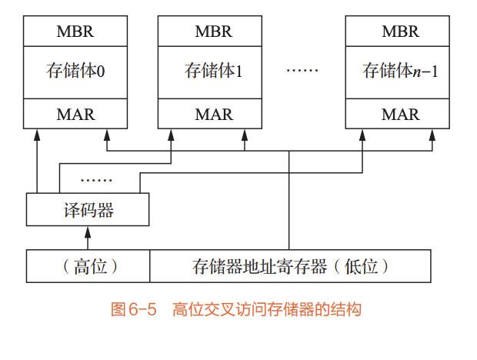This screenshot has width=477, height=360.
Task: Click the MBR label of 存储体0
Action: (x=75, y=32)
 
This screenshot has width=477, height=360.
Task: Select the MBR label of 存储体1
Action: (x=213, y=32)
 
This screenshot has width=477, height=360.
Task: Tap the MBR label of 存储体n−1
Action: (x=400, y=32)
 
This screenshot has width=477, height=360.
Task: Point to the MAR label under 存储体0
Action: (x=75, y=115)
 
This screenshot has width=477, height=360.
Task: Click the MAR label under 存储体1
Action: (x=213, y=115)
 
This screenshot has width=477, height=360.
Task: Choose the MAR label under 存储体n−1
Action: (x=400, y=115)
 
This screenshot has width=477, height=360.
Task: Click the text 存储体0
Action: (x=75, y=72)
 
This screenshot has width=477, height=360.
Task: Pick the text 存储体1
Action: (x=213, y=72)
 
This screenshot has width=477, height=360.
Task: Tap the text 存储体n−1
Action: (x=400, y=72)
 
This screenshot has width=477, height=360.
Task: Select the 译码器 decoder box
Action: (x=86, y=209)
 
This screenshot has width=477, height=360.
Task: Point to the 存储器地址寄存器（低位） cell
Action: (x=290, y=267)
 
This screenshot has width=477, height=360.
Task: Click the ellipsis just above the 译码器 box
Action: (x=96, y=179)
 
